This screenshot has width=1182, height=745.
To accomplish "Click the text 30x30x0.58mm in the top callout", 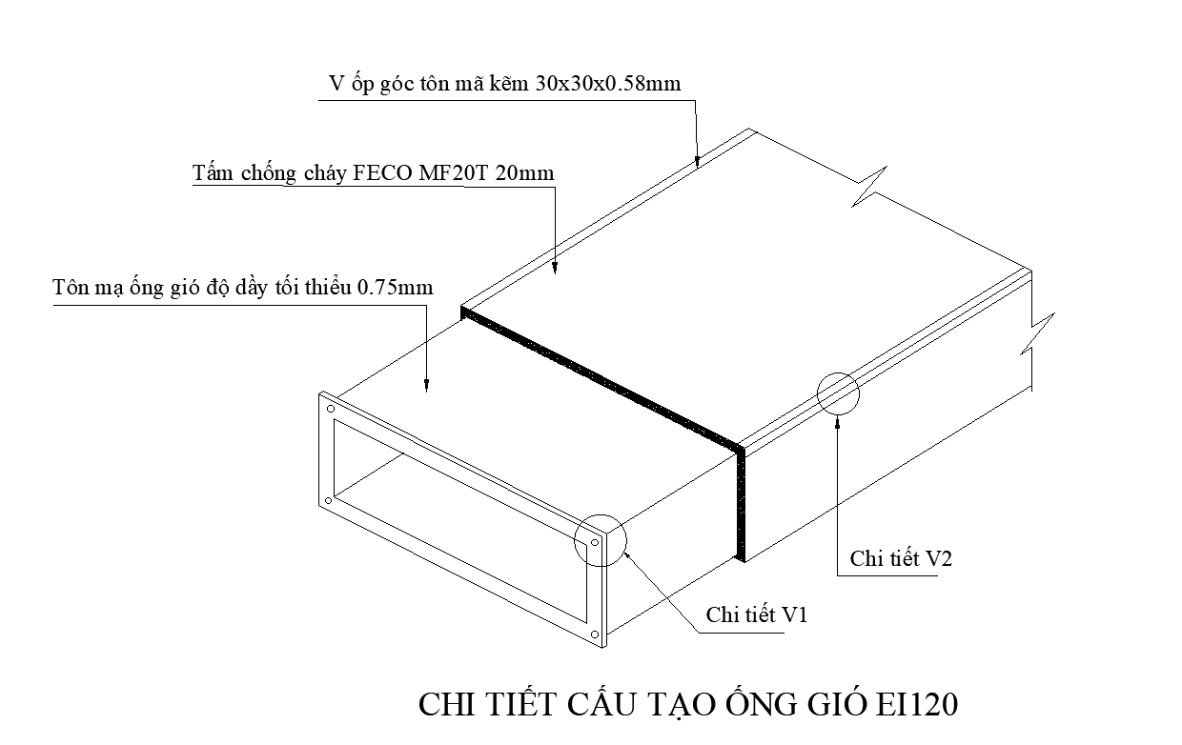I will (x=607, y=84).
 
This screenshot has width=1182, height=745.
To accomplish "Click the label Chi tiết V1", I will (x=757, y=614).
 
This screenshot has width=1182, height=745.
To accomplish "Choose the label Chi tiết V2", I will (x=901, y=558).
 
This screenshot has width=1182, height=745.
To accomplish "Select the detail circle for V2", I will (x=838, y=392).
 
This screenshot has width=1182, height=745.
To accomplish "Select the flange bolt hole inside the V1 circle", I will (x=594, y=546).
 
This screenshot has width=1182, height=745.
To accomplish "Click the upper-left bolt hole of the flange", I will (x=330, y=410).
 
